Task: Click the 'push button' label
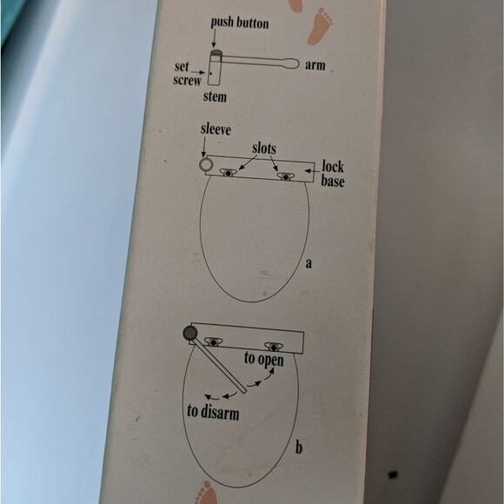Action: click(239, 23)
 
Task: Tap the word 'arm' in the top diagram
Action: click(315, 65)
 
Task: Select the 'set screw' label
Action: click(187, 73)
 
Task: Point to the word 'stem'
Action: click(215, 96)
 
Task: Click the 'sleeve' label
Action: click(215, 129)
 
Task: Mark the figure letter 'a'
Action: click(308, 262)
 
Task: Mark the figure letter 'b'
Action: click(298, 448)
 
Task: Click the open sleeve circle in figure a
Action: click(207, 163)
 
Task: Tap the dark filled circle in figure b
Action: click(189, 333)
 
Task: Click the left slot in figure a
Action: click(228, 172)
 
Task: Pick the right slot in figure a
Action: click(283, 176)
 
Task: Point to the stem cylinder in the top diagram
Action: click(216, 69)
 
